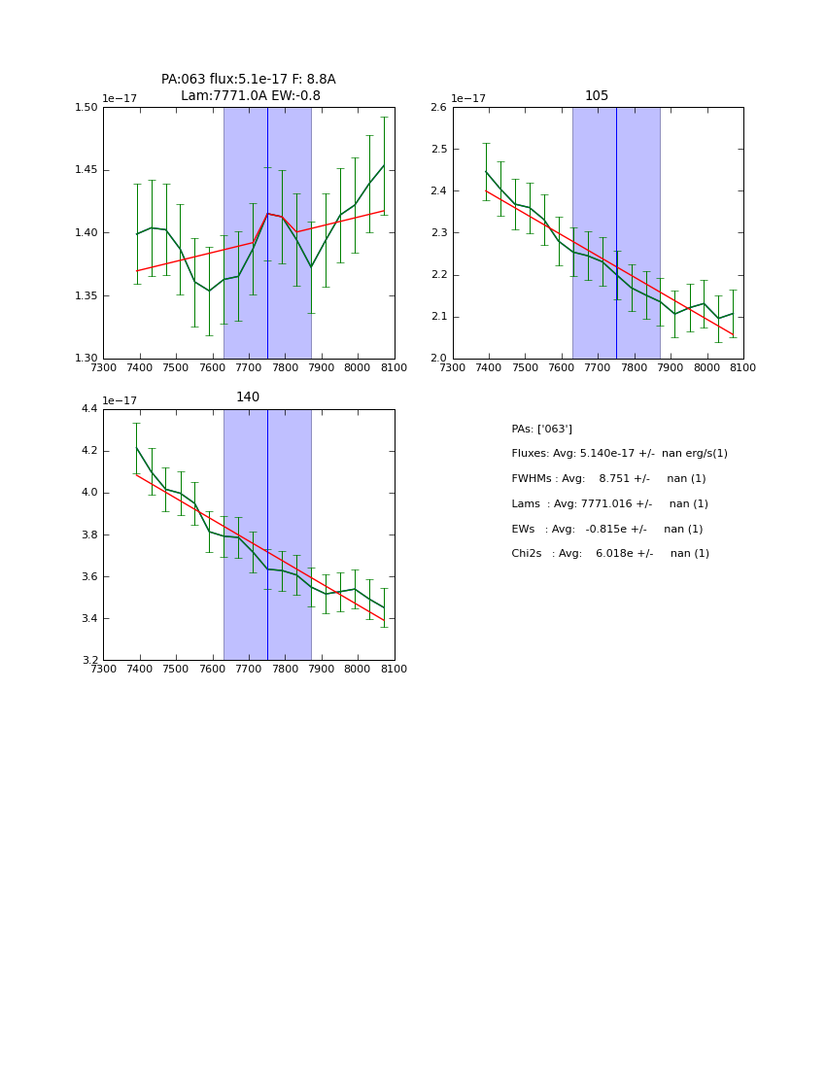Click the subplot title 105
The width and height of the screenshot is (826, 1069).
pyautogui.click(x=597, y=96)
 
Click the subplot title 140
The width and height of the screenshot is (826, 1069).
pyautogui.click(x=248, y=397)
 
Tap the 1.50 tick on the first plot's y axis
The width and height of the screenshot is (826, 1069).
pyautogui.click(x=86, y=108)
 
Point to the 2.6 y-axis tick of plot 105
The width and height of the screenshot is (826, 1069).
pyautogui.click(x=438, y=108)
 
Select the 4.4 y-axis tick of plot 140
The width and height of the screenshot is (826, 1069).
pyautogui.click(x=88, y=409)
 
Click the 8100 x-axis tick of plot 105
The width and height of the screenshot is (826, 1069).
pyautogui.click(x=743, y=368)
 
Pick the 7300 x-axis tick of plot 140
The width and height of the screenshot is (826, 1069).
pyautogui.click(x=103, y=670)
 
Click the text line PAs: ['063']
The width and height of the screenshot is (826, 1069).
pyautogui.click(x=541, y=429)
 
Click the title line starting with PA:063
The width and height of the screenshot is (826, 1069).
pyautogui.click(x=248, y=80)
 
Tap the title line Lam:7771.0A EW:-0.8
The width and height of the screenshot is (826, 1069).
pyautogui.click(x=250, y=96)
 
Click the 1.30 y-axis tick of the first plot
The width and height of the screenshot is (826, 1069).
pyautogui.click(x=86, y=359)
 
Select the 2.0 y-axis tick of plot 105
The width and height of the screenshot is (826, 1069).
pyautogui.click(x=438, y=359)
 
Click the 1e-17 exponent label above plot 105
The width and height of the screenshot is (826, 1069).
pyautogui.click(x=468, y=99)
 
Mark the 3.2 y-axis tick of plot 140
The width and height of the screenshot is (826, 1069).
pyautogui.click(x=88, y=661)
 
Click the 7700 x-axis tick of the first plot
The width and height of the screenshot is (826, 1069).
pyautogui.click(x=249, y=368)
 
